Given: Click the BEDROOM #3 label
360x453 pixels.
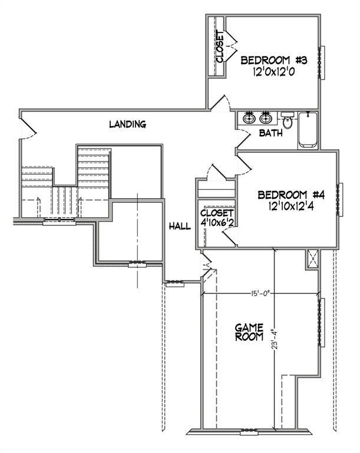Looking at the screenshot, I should point(275,60).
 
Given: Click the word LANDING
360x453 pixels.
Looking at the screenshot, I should point(127,124).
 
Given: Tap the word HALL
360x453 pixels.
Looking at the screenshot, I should point(179,226).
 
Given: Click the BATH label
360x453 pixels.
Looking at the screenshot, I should point(271,133).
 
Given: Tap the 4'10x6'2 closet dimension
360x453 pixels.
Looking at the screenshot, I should point(217,224).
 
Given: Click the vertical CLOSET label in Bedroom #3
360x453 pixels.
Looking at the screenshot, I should point(220,47).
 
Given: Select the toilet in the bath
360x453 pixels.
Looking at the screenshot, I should point(288,121).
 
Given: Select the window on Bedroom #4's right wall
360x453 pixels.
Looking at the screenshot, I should point(340,201).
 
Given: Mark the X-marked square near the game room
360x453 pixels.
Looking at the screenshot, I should point(312,258).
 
